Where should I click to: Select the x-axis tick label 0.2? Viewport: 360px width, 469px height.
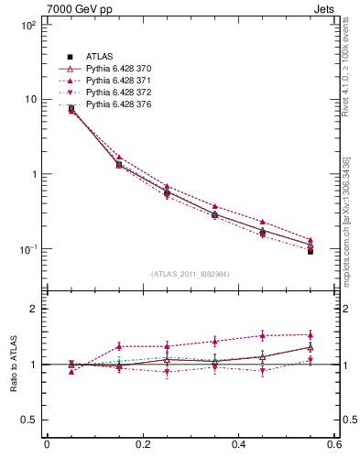[142, 445]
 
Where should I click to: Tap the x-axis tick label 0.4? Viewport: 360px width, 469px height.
[238, 445]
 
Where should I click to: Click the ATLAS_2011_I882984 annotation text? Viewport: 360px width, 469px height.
[190, 274]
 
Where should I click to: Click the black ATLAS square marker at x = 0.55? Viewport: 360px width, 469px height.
[310, 251]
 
